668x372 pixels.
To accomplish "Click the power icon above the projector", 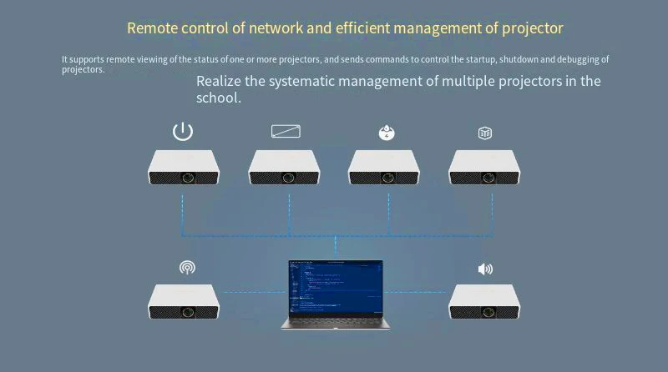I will (183, 131).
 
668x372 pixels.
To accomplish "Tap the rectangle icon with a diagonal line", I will (286, 131).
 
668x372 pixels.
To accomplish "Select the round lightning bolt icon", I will (387, 133).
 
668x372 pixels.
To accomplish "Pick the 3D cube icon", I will (485, 133).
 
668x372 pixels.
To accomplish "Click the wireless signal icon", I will (187, 268).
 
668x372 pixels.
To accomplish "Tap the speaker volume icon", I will (485, 269).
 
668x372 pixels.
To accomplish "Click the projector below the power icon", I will (184, 168).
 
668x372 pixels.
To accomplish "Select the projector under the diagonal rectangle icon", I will (284, 168).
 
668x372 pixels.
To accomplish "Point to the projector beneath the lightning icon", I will (384, 168).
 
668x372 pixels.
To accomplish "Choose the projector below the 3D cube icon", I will (484, 168).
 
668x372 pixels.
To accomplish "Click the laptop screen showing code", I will (336, 287).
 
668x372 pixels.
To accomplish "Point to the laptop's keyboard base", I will (336, 323).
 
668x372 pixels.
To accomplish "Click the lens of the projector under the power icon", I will (190, 178).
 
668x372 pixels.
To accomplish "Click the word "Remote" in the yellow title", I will (151, 28).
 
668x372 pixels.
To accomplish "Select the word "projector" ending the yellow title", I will (532, 28).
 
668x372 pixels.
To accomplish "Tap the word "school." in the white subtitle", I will (219, 98).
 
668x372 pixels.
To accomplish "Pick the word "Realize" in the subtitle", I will (219, 81).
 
